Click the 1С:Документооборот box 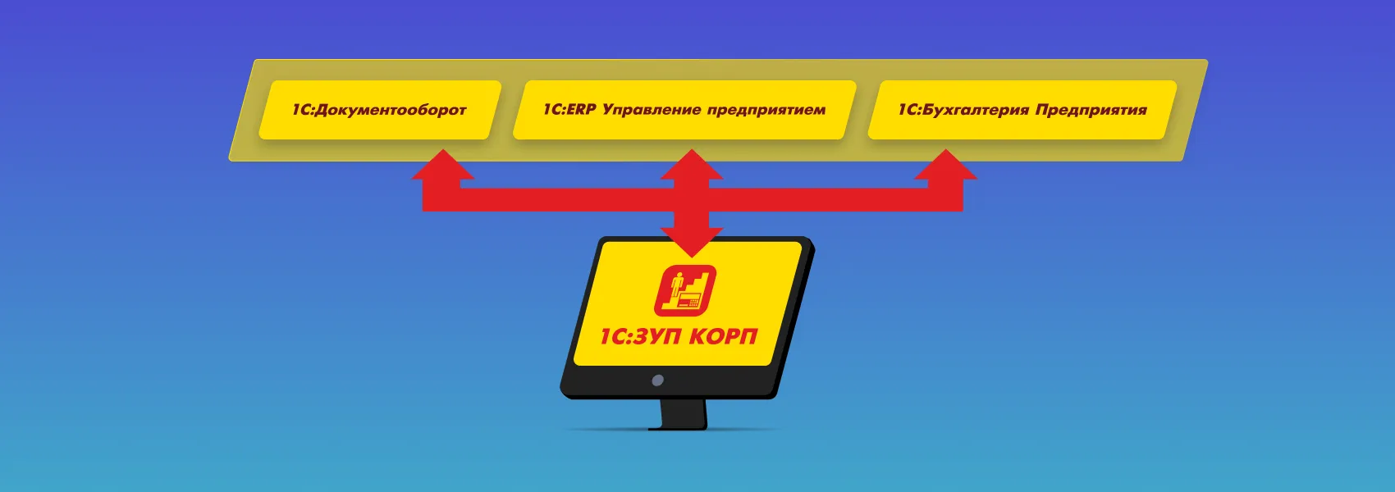point(380,110)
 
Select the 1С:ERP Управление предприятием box point(684,110)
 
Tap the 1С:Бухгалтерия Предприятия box point(1022,110)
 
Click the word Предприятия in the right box point(1091,111)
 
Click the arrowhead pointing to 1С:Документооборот point(443,165)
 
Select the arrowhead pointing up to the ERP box point(691,165)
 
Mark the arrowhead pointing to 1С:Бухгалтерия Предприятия point(945,165)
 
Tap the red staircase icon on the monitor point(685,290)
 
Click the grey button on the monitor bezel point(657,380)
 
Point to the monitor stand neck point(684,413)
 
